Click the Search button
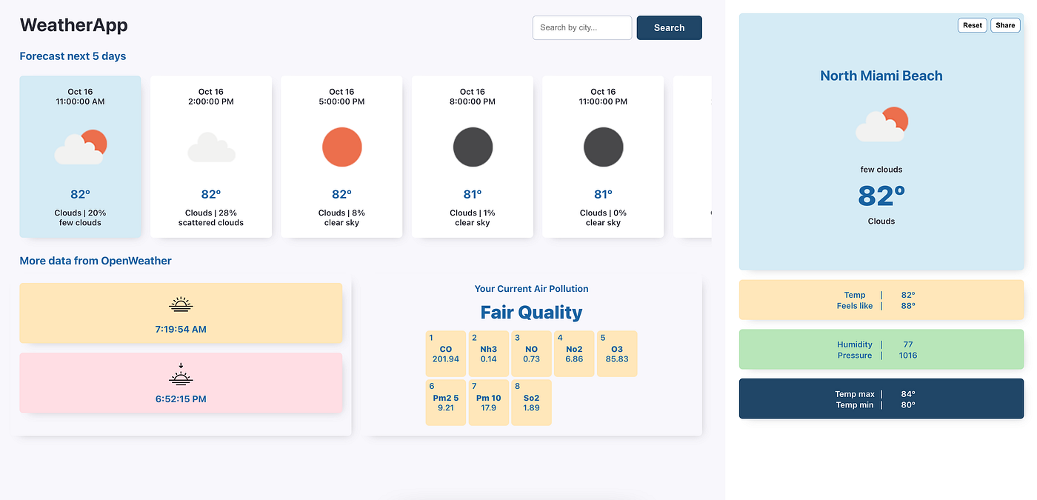[x=669, y=27]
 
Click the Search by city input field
[x=581, y=27]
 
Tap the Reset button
[x=972, y=25]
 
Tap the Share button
[x=1005, y=25]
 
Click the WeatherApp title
[x=73, y=25]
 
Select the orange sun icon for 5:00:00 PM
[x=341, y=147]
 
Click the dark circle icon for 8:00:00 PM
[x=473, y=147]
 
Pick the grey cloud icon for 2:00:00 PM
[x=211, y=148]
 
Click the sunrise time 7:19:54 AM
[x=181, y=329]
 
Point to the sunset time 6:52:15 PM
[x=181, y=399]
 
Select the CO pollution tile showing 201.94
[x=445, y=353]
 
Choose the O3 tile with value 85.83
[x=616, y=353]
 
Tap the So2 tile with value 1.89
[x=531, y=402]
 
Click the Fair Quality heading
[x=531, y=312]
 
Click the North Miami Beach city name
[x=881, y=76]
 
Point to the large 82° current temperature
[x=881, y=196]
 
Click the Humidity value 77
[x=907, y=344]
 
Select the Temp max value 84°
[x=908, y=394]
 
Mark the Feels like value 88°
[x=908, y=305]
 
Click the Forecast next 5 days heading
[x=73, y=56]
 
